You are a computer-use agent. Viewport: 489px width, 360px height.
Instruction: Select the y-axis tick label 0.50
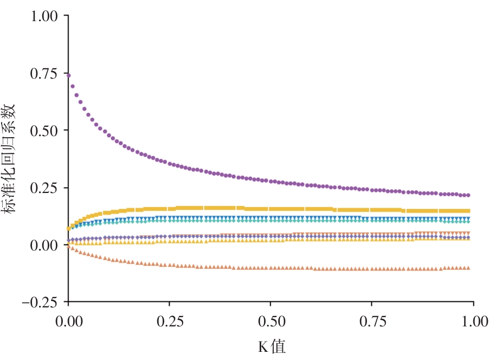point(44,131)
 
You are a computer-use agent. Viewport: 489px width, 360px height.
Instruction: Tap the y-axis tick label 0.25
point(44,188)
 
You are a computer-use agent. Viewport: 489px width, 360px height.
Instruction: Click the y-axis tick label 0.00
point(44,245)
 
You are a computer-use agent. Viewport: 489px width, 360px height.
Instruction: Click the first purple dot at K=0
point(68,75)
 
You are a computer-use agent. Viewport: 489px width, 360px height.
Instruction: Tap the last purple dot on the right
point(468,195)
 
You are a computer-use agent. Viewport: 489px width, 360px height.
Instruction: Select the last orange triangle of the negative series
point(468,268)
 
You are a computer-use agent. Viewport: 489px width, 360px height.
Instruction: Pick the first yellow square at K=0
point(68,229)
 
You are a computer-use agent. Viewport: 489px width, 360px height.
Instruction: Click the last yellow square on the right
point(468,211)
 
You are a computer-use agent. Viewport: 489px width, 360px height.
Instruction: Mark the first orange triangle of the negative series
point(68,247)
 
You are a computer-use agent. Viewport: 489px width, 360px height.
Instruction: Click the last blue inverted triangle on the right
point(468,219)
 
